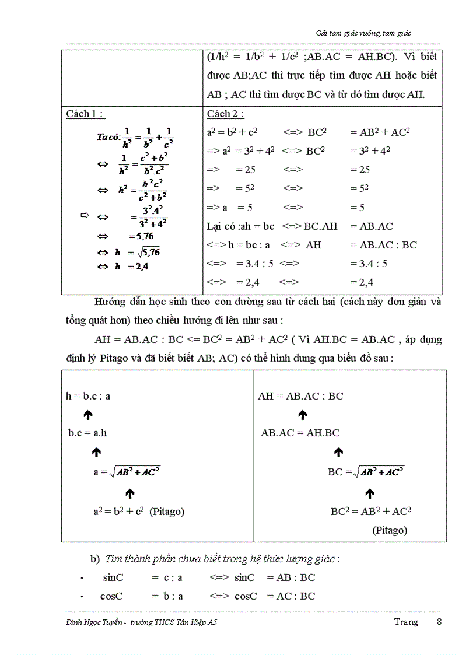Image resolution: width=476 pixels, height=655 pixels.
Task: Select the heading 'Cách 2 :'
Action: click(225, 114)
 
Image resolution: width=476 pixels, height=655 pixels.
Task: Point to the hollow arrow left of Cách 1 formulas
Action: click(83, 216)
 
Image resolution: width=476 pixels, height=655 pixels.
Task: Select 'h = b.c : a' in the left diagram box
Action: click(88, 395)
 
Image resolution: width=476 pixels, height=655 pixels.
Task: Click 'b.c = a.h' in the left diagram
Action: click(89, 433)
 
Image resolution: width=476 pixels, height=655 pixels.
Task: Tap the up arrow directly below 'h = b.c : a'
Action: click(88, 415)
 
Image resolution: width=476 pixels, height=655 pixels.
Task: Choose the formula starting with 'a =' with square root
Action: click(127, 472)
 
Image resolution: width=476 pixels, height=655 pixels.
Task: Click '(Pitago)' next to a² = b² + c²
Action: click(167, 512)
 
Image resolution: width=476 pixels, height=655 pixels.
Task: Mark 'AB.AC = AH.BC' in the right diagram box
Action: click(300, 433)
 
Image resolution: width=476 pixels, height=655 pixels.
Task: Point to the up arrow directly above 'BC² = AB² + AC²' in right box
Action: click(369, 494)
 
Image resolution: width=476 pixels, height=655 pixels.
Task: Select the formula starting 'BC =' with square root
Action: click(366, 472)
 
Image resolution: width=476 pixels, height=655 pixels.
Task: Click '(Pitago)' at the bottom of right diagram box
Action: click(390, 530)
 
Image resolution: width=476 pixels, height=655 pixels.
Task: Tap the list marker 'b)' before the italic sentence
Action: click(95, 559)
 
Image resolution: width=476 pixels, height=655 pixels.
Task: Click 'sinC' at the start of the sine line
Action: click(113, 577)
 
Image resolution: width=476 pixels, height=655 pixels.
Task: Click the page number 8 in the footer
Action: click(439, 622)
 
